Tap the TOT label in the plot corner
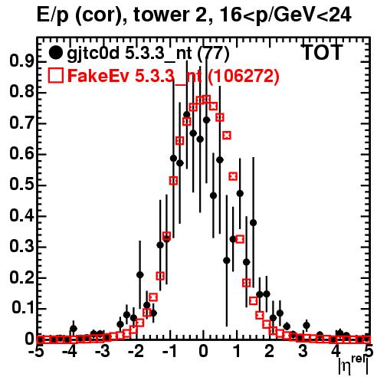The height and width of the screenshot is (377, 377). click(x=323, y=52)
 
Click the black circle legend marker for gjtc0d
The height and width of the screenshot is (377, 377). click(x=55, y=53)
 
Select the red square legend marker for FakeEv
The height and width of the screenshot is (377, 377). click(x=55, y=75)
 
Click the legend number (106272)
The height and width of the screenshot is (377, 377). click(x=243, y=76)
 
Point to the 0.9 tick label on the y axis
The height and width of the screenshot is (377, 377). click(x=21, y=61)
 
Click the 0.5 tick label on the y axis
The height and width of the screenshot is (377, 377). click(x=21, y=185)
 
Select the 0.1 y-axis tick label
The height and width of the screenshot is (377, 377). click(x=23, y=309)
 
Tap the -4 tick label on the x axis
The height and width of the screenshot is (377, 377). click(x=69, y=352)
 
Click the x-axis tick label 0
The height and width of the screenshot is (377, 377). click(x=203, y=352)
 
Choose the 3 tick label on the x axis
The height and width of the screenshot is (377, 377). click(x=303, y=352)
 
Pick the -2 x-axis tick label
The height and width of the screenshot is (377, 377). click(x=136, y=352)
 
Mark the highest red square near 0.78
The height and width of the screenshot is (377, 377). click(x=206, y=99)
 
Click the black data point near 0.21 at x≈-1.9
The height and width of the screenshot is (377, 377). click(x=139, y=275)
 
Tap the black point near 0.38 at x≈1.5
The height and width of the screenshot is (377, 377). click(x=253, y=223)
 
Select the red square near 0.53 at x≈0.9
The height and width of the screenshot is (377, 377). click(x=233, y=176)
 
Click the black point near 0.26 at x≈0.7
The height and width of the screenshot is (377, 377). click(x=227, y=261)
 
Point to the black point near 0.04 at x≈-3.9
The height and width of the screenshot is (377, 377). click(x=74, y=329)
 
